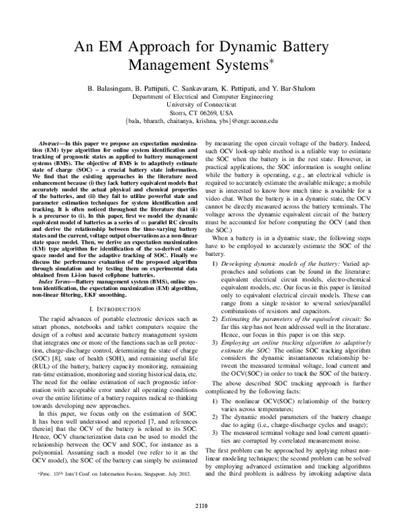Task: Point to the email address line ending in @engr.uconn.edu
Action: pos(201,122)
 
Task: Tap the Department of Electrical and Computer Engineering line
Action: pos(201,97)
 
